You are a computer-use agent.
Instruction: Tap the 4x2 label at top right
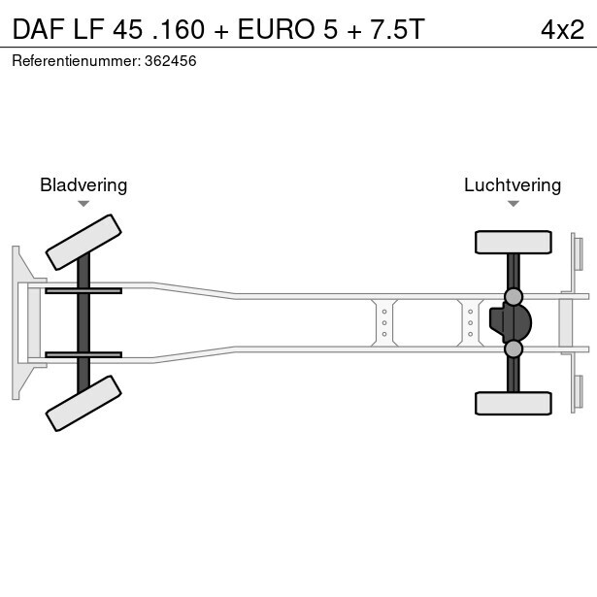(x=562, y=29)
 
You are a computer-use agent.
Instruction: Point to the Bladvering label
(x=83, y=184)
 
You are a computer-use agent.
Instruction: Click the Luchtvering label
(x=513, y=184)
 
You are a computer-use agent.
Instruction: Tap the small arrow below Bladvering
(x=83, y=204)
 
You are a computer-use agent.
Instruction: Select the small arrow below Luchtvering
(x=513, y=204)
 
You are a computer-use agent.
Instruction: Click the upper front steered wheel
(x=83, y=242)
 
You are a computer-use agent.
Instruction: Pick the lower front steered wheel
(x=83, y=403)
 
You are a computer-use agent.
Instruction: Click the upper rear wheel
(x=513, y=242)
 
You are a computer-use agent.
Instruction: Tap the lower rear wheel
(x=513, y=403)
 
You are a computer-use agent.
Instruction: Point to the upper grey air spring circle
(x=514, y=296)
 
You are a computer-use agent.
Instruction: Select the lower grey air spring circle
(x=514, y=348)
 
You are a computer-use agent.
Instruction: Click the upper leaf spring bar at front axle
(x=83, y=290)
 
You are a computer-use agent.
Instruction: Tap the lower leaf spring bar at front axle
(x=83, y=354)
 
